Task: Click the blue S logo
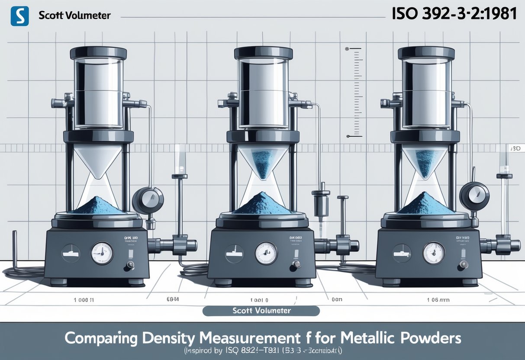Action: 19,16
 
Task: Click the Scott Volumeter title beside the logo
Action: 74,16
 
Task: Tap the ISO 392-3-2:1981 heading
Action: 454,14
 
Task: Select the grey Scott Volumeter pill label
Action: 261,311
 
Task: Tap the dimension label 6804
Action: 173,299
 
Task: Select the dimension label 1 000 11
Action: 84,299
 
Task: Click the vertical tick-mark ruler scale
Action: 354,93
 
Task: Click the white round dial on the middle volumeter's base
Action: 266,253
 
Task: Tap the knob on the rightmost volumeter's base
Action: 464,264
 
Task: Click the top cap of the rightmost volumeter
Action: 426,53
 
